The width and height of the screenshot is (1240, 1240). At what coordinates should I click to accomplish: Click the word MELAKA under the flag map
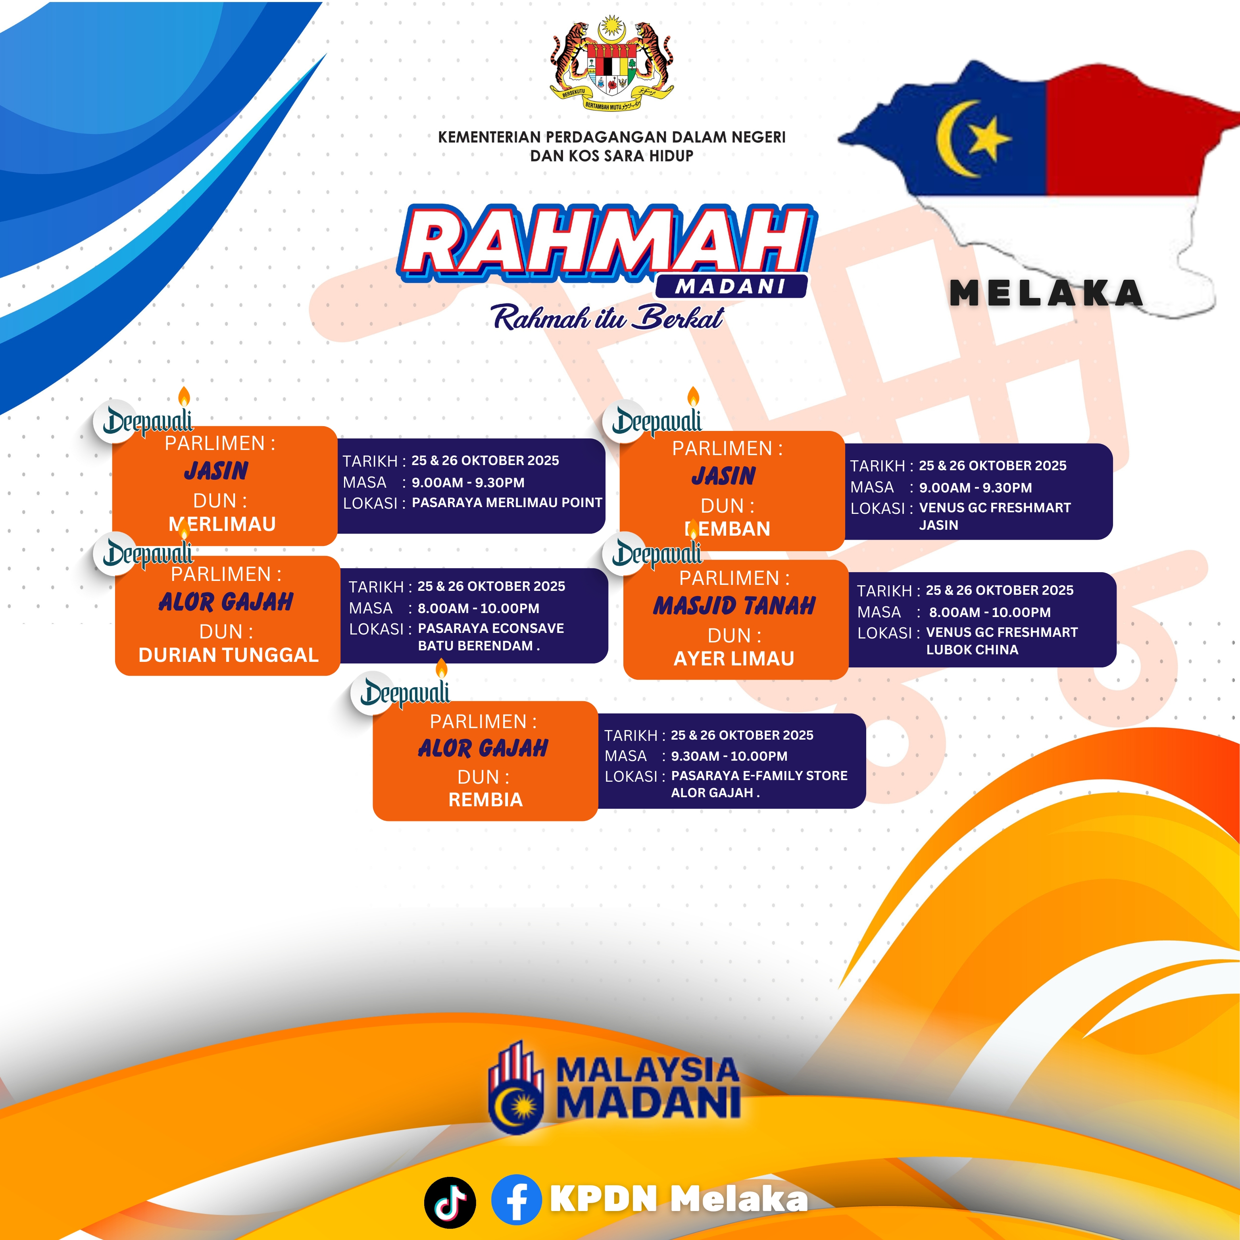pos(1047,293)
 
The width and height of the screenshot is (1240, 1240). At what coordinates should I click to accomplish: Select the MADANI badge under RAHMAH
pos(731,286)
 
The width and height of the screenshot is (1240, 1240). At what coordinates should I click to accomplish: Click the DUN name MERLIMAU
pos(222,524)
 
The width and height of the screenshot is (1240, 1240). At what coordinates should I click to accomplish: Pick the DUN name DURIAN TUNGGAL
pos(229,655)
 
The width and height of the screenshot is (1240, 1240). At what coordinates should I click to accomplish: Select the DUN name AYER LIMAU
pos(734,659)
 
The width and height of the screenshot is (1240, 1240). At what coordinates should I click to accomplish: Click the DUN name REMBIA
pos(485,800)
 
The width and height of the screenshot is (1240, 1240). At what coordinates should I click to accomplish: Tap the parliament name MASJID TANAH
pos(734,606)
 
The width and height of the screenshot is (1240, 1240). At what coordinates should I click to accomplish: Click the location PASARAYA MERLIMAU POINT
pos(507,502)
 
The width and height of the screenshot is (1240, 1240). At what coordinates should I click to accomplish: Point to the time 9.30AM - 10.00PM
pos(729,756)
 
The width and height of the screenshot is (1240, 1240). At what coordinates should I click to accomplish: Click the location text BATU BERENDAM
pos(476,646)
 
